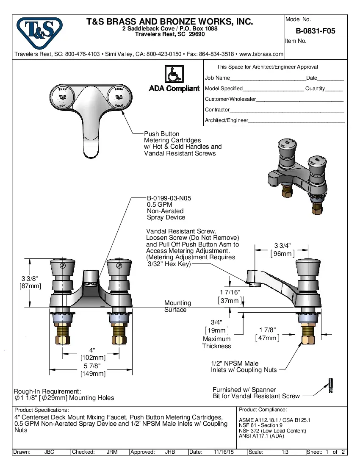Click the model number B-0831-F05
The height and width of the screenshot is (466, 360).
pos(316,31)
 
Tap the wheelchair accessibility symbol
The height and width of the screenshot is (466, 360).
pos(174,75)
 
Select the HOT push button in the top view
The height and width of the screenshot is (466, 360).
pos(62,97)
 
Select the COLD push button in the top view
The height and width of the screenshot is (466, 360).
pos(119,97)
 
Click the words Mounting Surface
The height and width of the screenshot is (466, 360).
pos(177,306)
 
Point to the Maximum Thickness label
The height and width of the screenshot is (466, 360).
pos(216,342)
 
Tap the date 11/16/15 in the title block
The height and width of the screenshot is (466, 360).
pos(224,452)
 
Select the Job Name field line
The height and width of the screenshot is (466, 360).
pos(267,78)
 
